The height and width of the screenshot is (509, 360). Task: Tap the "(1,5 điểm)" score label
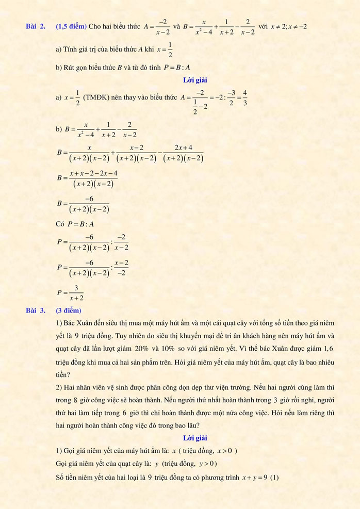coord(71,26)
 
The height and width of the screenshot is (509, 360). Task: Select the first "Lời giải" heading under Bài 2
coord(194,79)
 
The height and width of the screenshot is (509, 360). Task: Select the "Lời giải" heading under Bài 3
coord(194,438)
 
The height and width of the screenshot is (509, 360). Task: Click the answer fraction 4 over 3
coord(245,97)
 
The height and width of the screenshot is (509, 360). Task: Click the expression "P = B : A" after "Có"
coord(77,224)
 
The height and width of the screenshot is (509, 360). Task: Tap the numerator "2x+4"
coord(183,147)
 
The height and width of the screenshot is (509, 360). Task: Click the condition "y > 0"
coord(206,464)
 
